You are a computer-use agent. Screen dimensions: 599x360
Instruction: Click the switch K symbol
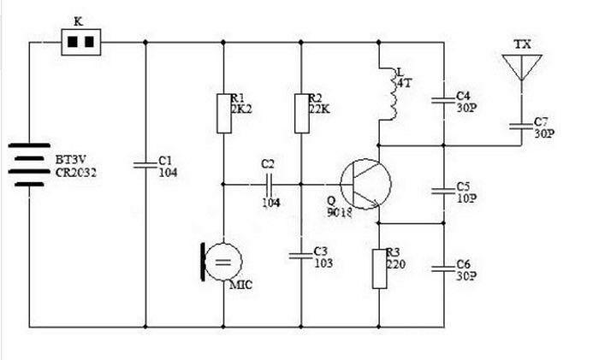(x=81, y=42)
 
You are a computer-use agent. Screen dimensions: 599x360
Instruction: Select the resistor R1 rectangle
(x=224, y=114)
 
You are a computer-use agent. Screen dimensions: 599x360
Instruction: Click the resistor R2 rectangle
(x=302, y=114)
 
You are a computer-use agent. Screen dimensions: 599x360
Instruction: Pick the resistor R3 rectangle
(x=379, y=269)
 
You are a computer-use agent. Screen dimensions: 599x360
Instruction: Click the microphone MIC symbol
(x=222, y=262)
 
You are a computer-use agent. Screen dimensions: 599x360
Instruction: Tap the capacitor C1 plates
(x=145, y=165)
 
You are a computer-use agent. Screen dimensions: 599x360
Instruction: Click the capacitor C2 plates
(x=269, y=185)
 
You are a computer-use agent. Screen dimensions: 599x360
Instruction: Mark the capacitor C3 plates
(x=301, y=256)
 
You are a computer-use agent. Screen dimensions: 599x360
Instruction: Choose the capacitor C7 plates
(x=521, y=126)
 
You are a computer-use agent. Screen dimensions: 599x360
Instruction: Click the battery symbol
(x=29, y=165)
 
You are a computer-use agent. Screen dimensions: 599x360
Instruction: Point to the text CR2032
(x=75, y=173)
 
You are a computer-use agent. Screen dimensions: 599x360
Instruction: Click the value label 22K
(x=319, y=109)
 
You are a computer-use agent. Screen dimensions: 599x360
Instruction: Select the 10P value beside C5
(x=466, y=198)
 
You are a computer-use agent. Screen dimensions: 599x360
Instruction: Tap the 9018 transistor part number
(x=339, y=212)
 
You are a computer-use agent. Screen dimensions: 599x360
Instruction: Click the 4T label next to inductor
(x=404, y=83)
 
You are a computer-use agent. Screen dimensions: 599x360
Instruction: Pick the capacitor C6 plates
(x=443, y=269)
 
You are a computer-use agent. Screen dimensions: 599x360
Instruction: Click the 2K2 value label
(x=241, y=109)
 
